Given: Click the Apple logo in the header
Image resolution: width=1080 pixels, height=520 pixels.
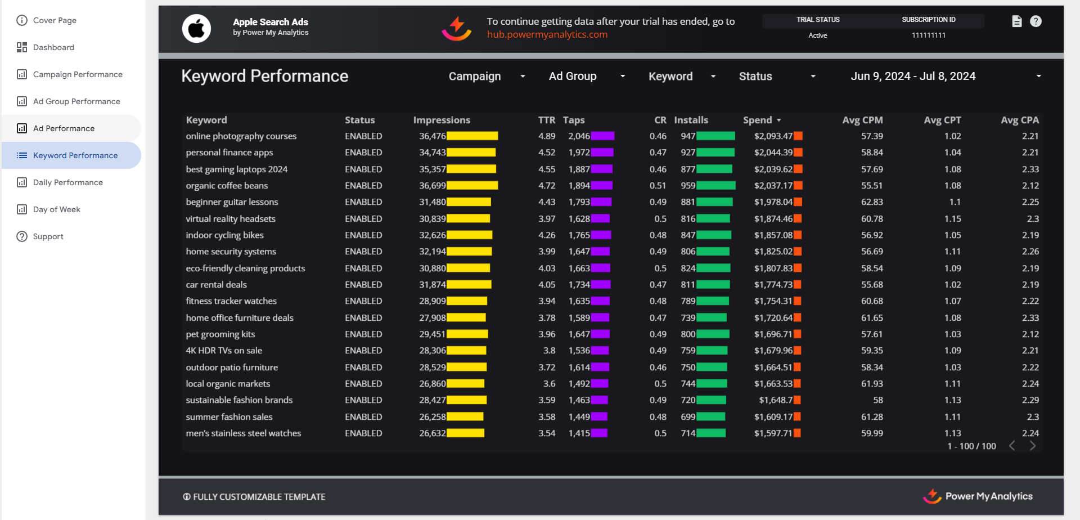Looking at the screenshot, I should [196, 28].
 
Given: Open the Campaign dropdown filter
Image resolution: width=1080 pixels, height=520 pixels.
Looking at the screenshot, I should [487, 76].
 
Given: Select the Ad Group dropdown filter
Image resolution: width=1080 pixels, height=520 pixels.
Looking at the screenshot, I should [587, 76].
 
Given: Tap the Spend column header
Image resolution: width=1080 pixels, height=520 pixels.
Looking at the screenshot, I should [758, 120].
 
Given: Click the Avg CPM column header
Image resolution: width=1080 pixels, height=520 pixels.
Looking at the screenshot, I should [862, 120].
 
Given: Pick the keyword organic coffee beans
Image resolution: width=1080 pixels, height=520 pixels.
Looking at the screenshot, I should [227, 186].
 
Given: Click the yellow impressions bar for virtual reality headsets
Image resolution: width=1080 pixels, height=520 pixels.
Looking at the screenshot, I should [469, 218].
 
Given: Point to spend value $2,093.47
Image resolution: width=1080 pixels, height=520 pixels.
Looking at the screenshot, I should [773, 136].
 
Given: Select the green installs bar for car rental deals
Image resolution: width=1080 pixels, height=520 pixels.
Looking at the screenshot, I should [713, 285].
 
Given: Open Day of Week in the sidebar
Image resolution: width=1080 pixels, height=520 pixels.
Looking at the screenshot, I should [56, 209].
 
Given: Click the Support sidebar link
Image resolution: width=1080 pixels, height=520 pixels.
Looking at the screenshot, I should [48, 236].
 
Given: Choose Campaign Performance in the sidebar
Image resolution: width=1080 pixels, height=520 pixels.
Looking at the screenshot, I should [77, 74].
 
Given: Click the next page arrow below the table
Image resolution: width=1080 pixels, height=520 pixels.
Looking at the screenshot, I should [1033, 446].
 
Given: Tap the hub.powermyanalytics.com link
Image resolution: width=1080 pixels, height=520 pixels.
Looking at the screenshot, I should [547, 34].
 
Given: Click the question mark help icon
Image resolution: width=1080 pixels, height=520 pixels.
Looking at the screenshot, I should [1036, 21].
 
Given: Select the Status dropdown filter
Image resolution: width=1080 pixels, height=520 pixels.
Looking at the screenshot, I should [776, 76].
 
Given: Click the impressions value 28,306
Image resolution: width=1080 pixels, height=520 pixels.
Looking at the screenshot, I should [432, 351].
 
